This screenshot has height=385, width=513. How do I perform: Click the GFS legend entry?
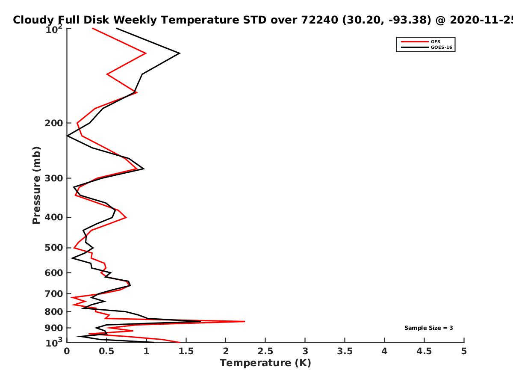click(435, 41)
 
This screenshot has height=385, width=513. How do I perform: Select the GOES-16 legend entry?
click(442, 47)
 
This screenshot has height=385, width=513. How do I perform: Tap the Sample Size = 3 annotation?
click(429, 328)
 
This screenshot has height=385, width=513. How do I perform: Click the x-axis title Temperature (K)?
click(265, 363)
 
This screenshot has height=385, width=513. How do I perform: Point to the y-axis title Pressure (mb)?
click(36, 185)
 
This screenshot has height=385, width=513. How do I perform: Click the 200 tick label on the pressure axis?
click(54, 123)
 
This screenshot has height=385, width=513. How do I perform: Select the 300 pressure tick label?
click(54, 178)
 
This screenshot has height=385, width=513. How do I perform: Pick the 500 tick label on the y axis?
click(54, 248)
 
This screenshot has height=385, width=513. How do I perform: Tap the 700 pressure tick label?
click(54, 293)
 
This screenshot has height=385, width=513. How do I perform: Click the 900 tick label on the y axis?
click(54, 328)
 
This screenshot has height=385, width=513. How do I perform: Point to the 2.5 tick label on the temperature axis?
click(265, 351)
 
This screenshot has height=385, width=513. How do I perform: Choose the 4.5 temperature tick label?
click(424, 351)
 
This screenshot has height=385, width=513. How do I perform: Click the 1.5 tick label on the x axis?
click(186, 351)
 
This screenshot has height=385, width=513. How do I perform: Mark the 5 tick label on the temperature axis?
click(464, 351)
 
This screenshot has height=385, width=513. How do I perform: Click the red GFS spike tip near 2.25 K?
click(245, 321)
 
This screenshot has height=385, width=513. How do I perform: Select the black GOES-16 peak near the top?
click(180, 53)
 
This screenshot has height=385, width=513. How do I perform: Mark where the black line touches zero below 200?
click(67, 136)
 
